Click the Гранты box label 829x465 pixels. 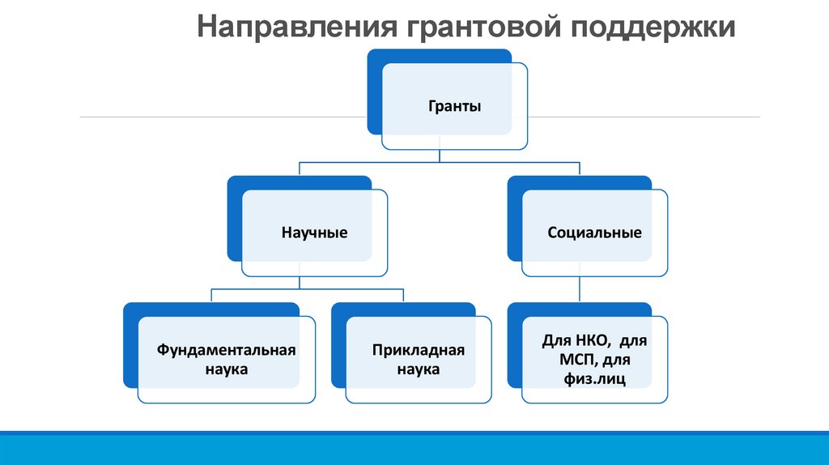(x=455, y=106)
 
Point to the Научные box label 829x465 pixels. (x=315, y=232)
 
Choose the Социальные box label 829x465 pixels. (x=594, y=232)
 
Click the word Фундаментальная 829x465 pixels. (x=226, y=350)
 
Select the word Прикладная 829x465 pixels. (x=419, y=350)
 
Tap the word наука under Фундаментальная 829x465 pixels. (x=227, y=369)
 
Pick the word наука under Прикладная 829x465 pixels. (x=419, y=369)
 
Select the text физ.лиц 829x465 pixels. (x=595, y=379)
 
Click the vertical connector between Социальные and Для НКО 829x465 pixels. (x=580, y=289)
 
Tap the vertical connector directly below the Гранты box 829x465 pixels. (x=440, y=149)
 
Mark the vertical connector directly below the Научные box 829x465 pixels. (x=300, y=283)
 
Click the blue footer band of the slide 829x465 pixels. (x=414, y=448)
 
